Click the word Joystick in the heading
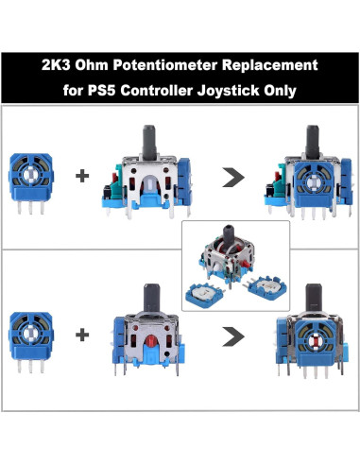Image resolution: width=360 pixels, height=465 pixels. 245,91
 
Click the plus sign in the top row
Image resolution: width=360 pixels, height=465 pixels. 82,176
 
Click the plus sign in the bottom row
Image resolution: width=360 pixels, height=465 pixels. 82,333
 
